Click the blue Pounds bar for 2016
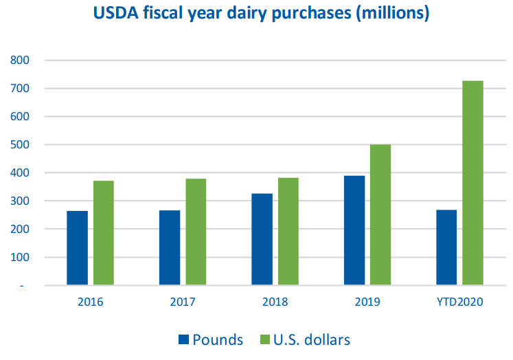77,247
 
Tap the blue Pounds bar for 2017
169,247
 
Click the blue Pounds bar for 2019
354,230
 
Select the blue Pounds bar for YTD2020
446,247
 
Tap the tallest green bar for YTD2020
472,183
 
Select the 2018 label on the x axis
275,302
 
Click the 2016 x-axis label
90,302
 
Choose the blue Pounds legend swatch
184,339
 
